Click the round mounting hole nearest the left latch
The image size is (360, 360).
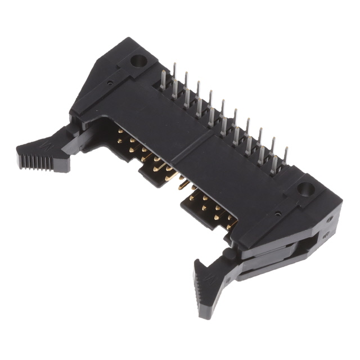pos(137,60)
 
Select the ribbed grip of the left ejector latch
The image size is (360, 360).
pos(43,158)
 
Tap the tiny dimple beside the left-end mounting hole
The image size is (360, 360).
pos(110,83)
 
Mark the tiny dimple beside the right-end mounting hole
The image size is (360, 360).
pos(277,214)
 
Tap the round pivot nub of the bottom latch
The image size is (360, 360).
pos(229,254)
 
